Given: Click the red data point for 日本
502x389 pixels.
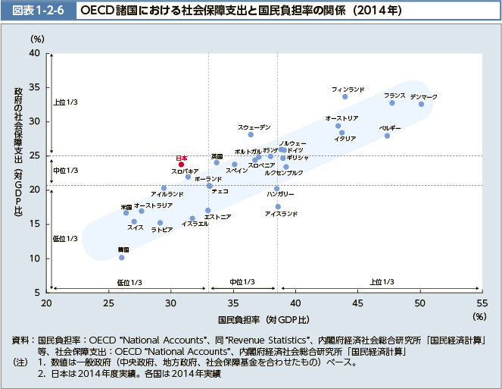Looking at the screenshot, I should [181, 164].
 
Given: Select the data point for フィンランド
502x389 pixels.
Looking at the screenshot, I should [345, 96].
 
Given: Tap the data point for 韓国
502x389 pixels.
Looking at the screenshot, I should [121, 258].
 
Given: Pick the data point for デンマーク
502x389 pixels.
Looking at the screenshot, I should [421, 104].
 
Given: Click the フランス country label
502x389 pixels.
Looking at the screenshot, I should [394, 95].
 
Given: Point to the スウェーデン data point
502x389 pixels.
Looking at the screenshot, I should [251, 134].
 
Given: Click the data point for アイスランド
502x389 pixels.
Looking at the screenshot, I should [278, 206].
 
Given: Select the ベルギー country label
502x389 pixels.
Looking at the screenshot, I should [390, 127].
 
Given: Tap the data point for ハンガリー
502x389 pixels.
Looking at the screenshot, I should [276, 188].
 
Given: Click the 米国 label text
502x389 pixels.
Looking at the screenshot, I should [126, 206].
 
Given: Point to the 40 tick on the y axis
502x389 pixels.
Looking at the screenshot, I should [35, 53].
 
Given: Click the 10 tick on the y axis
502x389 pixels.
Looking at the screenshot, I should [35, 258].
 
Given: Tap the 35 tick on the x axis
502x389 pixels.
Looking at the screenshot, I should [233, 303].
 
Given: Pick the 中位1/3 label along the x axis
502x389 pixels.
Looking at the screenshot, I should [241, 282].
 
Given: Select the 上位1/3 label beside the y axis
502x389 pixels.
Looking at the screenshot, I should [66, 102].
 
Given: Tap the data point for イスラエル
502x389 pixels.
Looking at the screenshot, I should [192, 218].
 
